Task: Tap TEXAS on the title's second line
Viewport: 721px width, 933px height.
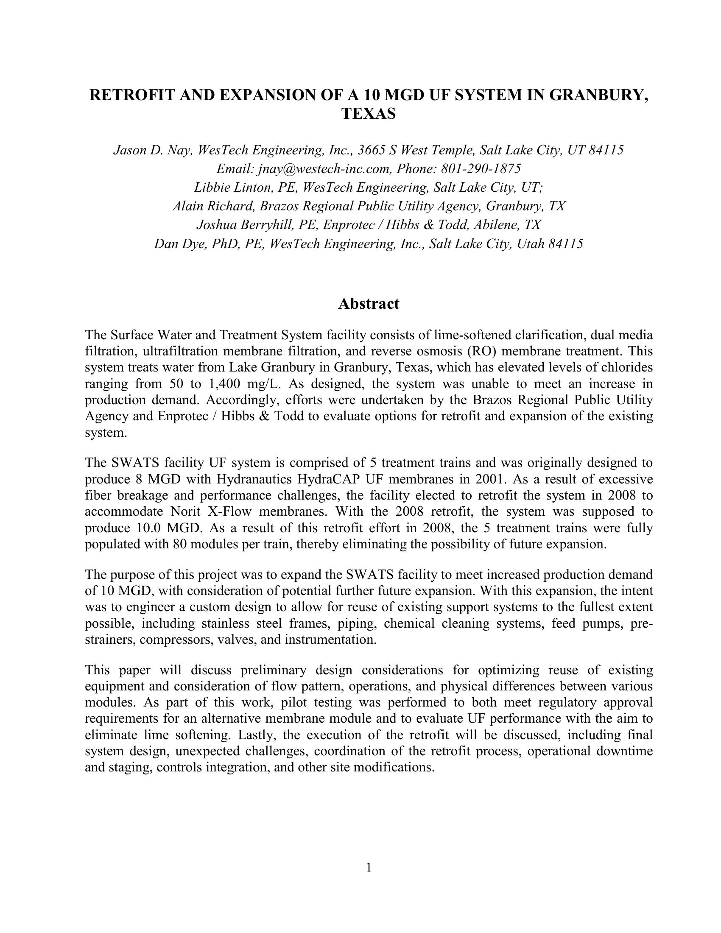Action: coord(369,114)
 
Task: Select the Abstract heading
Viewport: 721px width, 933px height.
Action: coord(369,303)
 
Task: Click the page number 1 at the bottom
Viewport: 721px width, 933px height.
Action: coord(369,867)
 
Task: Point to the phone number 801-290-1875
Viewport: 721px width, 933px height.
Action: coord(481,169)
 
